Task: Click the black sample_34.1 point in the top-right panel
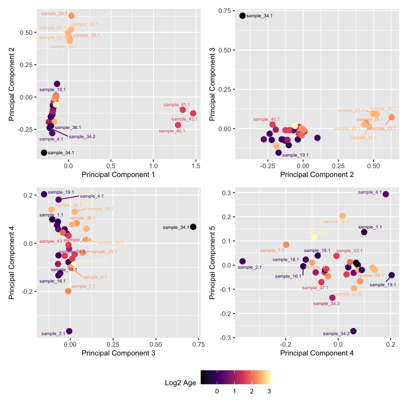coord(242,15)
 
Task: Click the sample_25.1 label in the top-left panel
coord(54,14)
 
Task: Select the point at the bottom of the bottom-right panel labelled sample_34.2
coord(353,331)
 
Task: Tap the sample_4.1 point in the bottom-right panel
coord(386,194)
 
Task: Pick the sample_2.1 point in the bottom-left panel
coord(69,331)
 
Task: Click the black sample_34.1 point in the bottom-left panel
coord(193,227)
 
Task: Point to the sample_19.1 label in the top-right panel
coord(295,155)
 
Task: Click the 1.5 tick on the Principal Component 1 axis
coord(196,166)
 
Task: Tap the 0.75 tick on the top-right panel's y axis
coord(225,11)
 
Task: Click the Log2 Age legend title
coord(180,383)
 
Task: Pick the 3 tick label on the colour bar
coord(269,391)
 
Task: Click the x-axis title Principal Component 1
coord(118,175)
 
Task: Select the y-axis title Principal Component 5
coord(212,262)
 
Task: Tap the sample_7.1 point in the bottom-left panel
coord(68,291)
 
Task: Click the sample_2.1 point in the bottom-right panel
coord(242,261)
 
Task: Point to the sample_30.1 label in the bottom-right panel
coord(336,222)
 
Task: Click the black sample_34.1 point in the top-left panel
coord(44,152)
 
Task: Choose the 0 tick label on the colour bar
coord(217,391)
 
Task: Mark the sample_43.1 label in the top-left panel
coord(184,119)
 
